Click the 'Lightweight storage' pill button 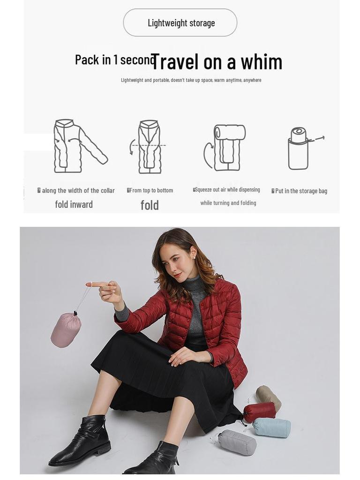point(180,22)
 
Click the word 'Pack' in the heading point(87,60)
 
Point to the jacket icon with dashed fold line point(149,147)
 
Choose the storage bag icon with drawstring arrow point(300,148)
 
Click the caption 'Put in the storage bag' point(300,191)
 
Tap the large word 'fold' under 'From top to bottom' point(150,205)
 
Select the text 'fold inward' point(74,204)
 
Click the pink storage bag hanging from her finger point(66,330)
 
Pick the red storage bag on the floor point(259,412)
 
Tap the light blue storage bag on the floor point(272,427)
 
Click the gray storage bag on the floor point(238,442)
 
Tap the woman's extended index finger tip point(89,285)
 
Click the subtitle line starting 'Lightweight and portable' point(191,80)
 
